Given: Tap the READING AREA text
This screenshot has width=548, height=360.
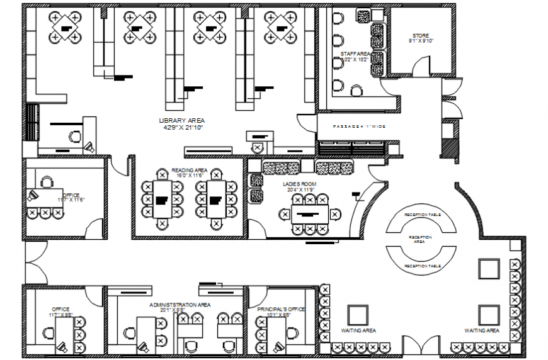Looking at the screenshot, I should [189, 171].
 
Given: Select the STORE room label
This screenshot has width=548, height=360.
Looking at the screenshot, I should [421, 35].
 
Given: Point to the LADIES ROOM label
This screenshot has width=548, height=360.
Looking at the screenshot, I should [299, 184].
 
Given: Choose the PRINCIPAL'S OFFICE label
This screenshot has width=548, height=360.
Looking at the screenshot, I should [281, 309].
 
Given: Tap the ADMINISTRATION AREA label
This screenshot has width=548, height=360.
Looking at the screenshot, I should [180, 305].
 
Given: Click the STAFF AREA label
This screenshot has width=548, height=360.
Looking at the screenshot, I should [354, 54].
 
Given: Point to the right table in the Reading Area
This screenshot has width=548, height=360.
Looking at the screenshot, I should [216, 200].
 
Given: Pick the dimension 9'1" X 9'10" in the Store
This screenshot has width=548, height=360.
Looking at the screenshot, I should [421, 42].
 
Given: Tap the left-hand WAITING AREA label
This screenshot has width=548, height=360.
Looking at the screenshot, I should [358, 330].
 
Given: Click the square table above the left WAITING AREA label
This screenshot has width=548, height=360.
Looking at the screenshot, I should [358, 314].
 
